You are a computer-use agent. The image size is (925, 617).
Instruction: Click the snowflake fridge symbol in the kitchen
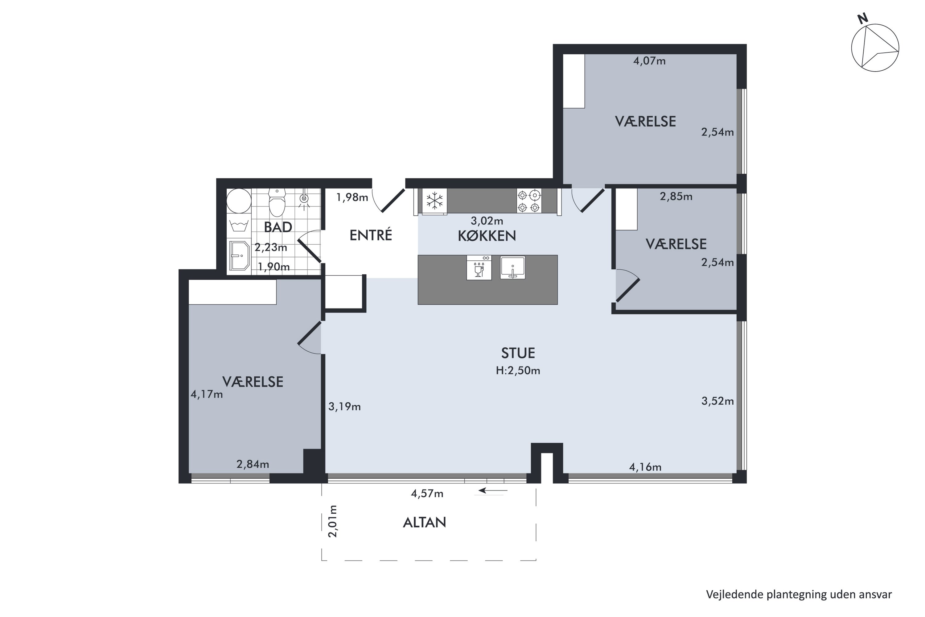coord(434,201)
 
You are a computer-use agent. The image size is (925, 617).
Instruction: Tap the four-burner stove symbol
coord(529,201)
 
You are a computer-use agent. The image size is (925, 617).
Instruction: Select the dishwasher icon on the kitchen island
coord(479,267)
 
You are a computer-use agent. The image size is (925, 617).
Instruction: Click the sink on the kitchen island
coord(512,267)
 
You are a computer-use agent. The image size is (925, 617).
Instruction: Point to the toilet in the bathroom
coord(277,202)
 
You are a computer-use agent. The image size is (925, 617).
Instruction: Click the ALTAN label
coord(424,523)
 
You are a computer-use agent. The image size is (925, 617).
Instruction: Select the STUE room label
coord(518,353)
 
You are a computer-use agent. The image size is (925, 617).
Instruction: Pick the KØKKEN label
coord(487,236)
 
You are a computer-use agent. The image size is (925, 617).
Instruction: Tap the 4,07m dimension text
coord(649,61)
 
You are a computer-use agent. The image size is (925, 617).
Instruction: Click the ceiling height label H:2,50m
coord(518,371)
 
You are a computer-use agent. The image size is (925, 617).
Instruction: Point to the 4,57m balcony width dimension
coord(427,493)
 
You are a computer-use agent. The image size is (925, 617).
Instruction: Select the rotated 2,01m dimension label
coord(333,521)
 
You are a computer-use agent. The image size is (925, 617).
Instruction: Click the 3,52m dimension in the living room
coord(717,401)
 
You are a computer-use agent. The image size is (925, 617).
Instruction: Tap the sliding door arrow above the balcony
coord(493,491)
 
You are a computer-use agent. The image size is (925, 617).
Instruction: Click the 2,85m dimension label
coord(676,196)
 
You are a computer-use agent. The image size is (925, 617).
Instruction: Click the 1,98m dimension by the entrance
coord(352,197)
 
